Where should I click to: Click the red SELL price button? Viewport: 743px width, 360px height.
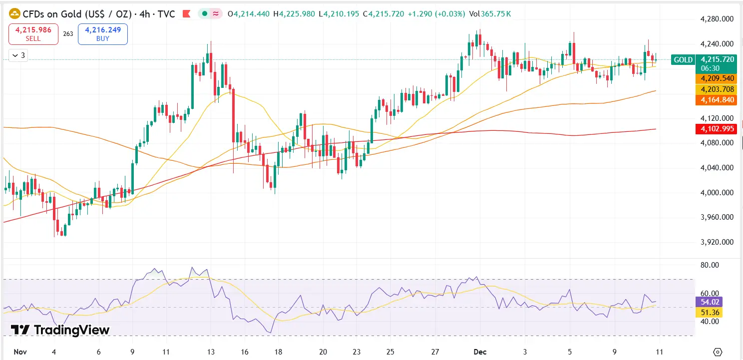coord(33,34)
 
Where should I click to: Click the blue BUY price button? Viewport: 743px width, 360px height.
coord(102,34)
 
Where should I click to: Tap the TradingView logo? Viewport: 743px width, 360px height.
coord(60,330)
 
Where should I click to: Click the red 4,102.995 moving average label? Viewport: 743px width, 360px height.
coord(717,129)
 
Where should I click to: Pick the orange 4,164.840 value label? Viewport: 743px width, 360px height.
coord(717,100)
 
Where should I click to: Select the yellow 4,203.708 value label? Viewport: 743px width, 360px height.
coord(717,89)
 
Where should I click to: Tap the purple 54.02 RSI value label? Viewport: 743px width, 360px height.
coord(709,302)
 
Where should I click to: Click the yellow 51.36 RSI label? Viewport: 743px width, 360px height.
coord(709,313)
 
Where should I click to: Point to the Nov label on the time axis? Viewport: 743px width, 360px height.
coord(20,352)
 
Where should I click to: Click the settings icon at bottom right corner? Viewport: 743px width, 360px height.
coord(718,352)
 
